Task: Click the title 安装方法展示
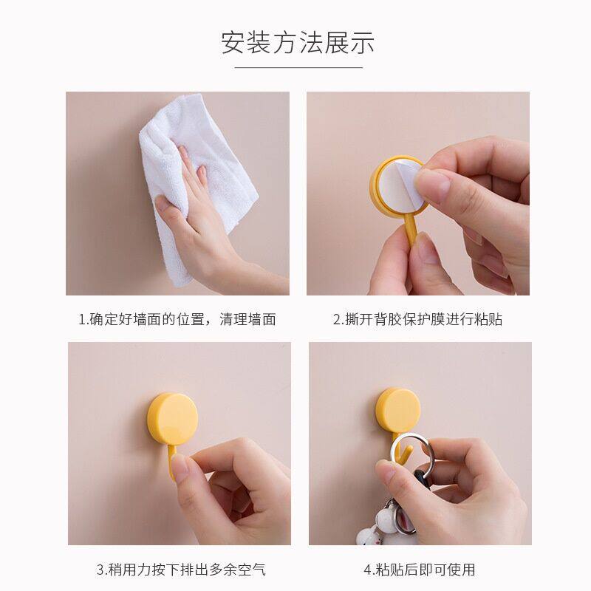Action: [x=298, y=43]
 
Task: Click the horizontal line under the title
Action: [x=298, y=67]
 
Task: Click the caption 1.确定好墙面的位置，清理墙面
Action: [x=177, y=319]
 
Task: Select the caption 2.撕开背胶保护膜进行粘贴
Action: [x=417, y=319]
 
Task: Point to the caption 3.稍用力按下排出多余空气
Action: [x=181, y=570]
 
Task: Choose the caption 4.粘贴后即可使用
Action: [x=420, y=570]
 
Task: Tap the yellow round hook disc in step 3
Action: [x=172, y=419]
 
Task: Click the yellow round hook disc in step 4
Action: [x=398, y=411]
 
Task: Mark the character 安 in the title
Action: [x=233, y=43]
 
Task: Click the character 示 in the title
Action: [x=363, y=43]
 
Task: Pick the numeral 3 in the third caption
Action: [x=100, y=570]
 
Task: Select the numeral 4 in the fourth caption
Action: [x=368, y=570]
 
